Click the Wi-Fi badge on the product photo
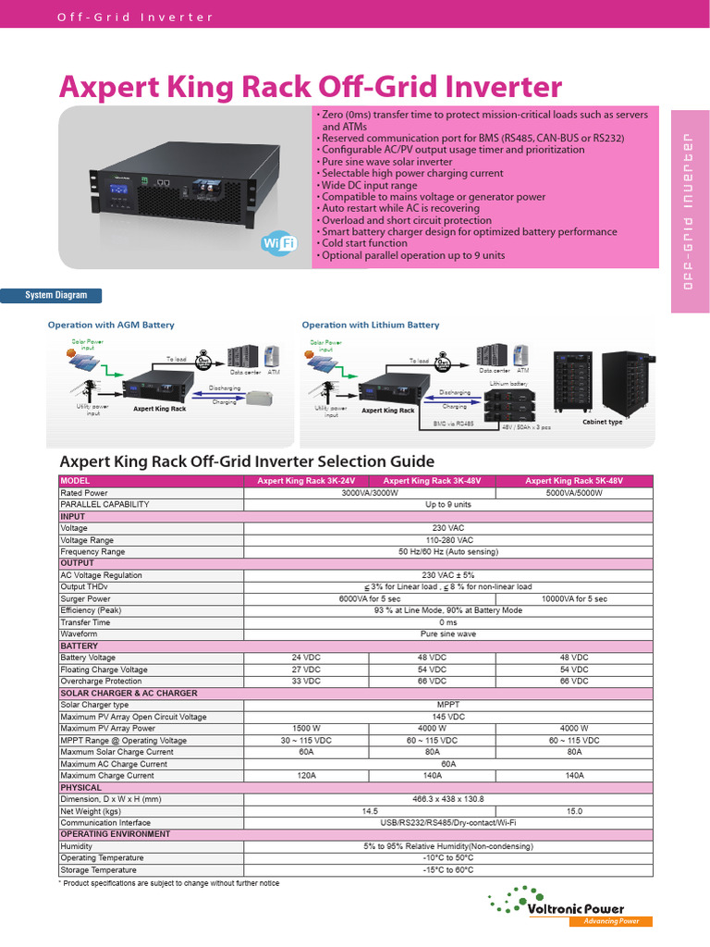[278, 243]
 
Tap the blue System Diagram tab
[56, 295]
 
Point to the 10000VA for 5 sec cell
[574, 599]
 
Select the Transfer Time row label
[85, 622]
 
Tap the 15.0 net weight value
[574, 811]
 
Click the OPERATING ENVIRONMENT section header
[116, 834]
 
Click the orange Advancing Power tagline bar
[610, 921]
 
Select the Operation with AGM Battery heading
[111, 326]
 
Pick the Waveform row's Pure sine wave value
[448, 634]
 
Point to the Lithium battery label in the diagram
[508, 383]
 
